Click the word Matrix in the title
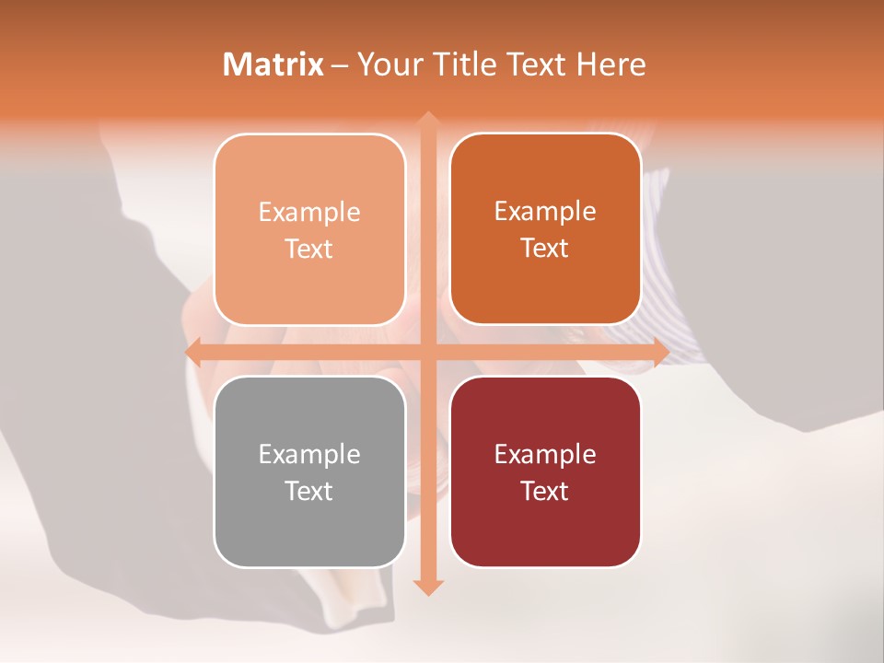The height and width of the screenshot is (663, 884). [273, 64]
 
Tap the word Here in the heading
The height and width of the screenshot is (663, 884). [611, 64]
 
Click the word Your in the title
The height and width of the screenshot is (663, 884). [389, 64]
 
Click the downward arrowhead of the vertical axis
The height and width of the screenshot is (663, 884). [427, 587]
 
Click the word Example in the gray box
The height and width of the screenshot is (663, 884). [309, 454]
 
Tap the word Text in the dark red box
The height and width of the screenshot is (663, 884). [545, 491]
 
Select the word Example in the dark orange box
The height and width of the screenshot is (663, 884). [545, 211]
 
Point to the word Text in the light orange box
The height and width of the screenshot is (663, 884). [309, 249]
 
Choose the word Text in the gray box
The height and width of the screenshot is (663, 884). [309, 491]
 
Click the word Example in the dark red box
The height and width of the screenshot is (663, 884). [545, 454]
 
